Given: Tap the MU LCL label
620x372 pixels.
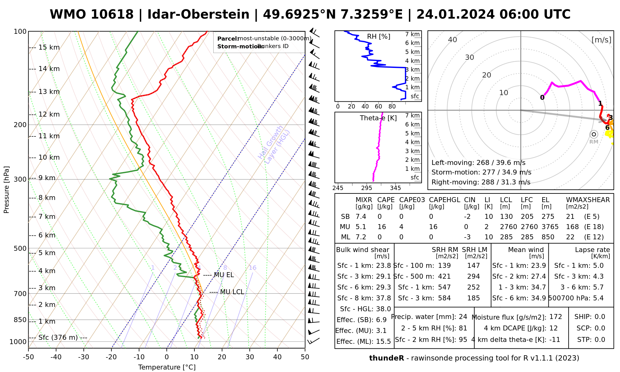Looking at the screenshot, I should [232, 292].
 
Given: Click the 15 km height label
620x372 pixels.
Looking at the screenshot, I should [49, 47].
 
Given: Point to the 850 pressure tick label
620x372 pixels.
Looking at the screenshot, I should [20, 320].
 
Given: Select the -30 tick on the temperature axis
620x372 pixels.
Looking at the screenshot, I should [84, 357].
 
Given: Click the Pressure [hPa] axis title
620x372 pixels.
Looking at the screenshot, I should [7, 190].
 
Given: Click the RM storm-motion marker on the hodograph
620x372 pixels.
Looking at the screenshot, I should [594, 134].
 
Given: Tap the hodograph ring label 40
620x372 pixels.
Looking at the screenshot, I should [453, 40].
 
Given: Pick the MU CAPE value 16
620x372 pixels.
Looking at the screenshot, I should [382, 227].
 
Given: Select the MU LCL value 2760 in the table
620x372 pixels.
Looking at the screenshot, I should [508, 227].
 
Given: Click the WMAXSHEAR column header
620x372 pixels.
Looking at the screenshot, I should [588, 200].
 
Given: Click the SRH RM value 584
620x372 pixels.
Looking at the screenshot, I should [444, 298].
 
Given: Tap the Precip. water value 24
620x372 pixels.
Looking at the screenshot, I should [463, 317].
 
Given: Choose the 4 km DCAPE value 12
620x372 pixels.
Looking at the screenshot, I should [553, 328].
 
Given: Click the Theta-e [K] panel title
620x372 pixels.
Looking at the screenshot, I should [378, 118].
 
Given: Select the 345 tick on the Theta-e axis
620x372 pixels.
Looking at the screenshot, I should [395, 188].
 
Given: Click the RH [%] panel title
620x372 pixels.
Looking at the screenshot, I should [379, 37].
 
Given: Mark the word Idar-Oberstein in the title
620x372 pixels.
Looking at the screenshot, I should [198, 15].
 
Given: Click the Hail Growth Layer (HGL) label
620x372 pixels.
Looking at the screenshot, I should [274, 145].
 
